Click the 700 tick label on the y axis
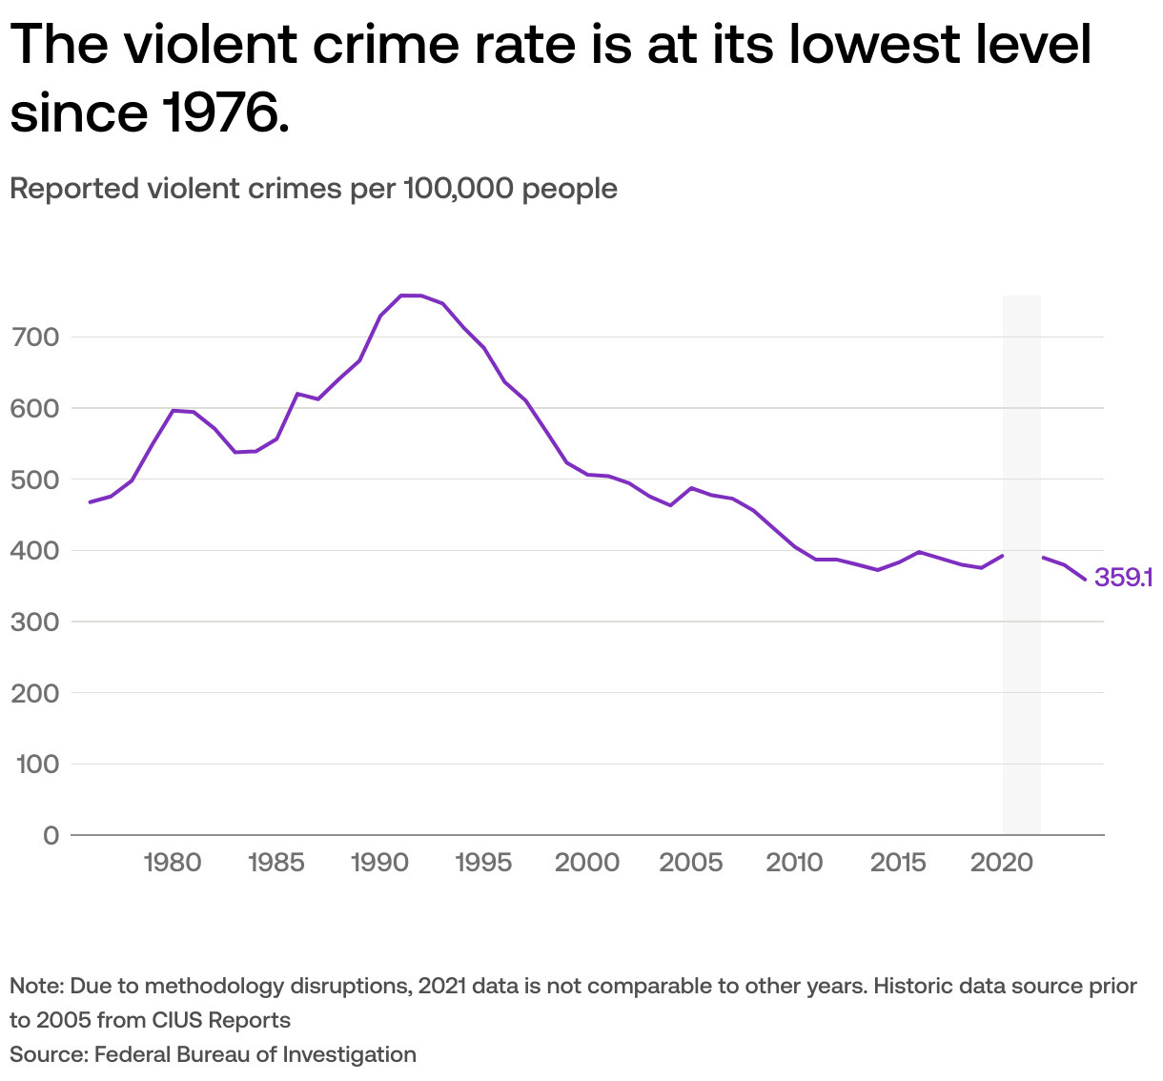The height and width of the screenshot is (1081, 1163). point(35,337)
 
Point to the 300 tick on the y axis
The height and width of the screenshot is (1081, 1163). point(35,622)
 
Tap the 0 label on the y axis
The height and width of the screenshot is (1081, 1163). point(51,835)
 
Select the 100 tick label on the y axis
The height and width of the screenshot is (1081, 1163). point(35,765)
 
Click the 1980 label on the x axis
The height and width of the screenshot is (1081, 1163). point(173,863)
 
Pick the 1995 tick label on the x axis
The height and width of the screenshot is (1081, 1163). point(483,863)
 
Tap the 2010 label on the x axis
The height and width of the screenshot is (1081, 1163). point(794,863)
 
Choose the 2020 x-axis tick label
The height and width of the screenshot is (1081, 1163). point(1001,863)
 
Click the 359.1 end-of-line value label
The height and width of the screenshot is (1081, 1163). point(1124,578)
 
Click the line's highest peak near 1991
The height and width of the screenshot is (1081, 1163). point(410,296)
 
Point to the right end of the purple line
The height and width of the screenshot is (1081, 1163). point(1085,580)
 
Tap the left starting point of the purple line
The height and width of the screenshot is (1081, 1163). point(90,501)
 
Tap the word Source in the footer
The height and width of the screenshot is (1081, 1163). point(46,1054)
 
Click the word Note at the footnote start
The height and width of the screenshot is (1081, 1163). point(35,986)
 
